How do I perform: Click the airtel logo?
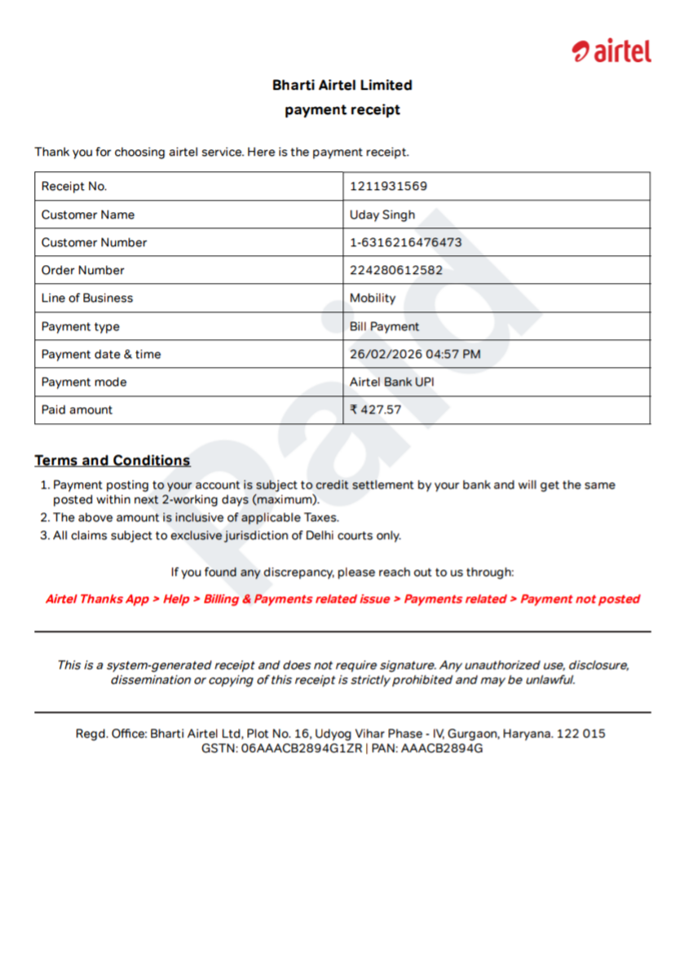pos(611,51)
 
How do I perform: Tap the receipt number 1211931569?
pos(388,187)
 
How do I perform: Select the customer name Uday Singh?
pos(382,215)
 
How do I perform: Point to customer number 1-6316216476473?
pos(405,243)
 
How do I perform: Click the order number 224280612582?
pos(396,271)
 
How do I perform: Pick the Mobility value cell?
pos(373,298)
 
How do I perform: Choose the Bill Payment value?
pos(384,327)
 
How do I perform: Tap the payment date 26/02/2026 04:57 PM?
pos(415,355)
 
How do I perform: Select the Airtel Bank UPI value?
pos(398,382)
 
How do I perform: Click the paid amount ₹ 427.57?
pos(376,410)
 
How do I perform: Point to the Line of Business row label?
pos(87,298)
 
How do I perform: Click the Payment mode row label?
pos(84,382)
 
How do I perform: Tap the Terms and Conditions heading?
pos(113,461)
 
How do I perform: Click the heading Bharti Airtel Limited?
pos(342,85)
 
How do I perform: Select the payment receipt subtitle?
pos(342,110)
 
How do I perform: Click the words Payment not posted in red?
pos(580,599)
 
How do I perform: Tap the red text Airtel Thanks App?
pos(97,599)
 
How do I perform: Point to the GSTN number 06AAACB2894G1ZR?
pos(301,748)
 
